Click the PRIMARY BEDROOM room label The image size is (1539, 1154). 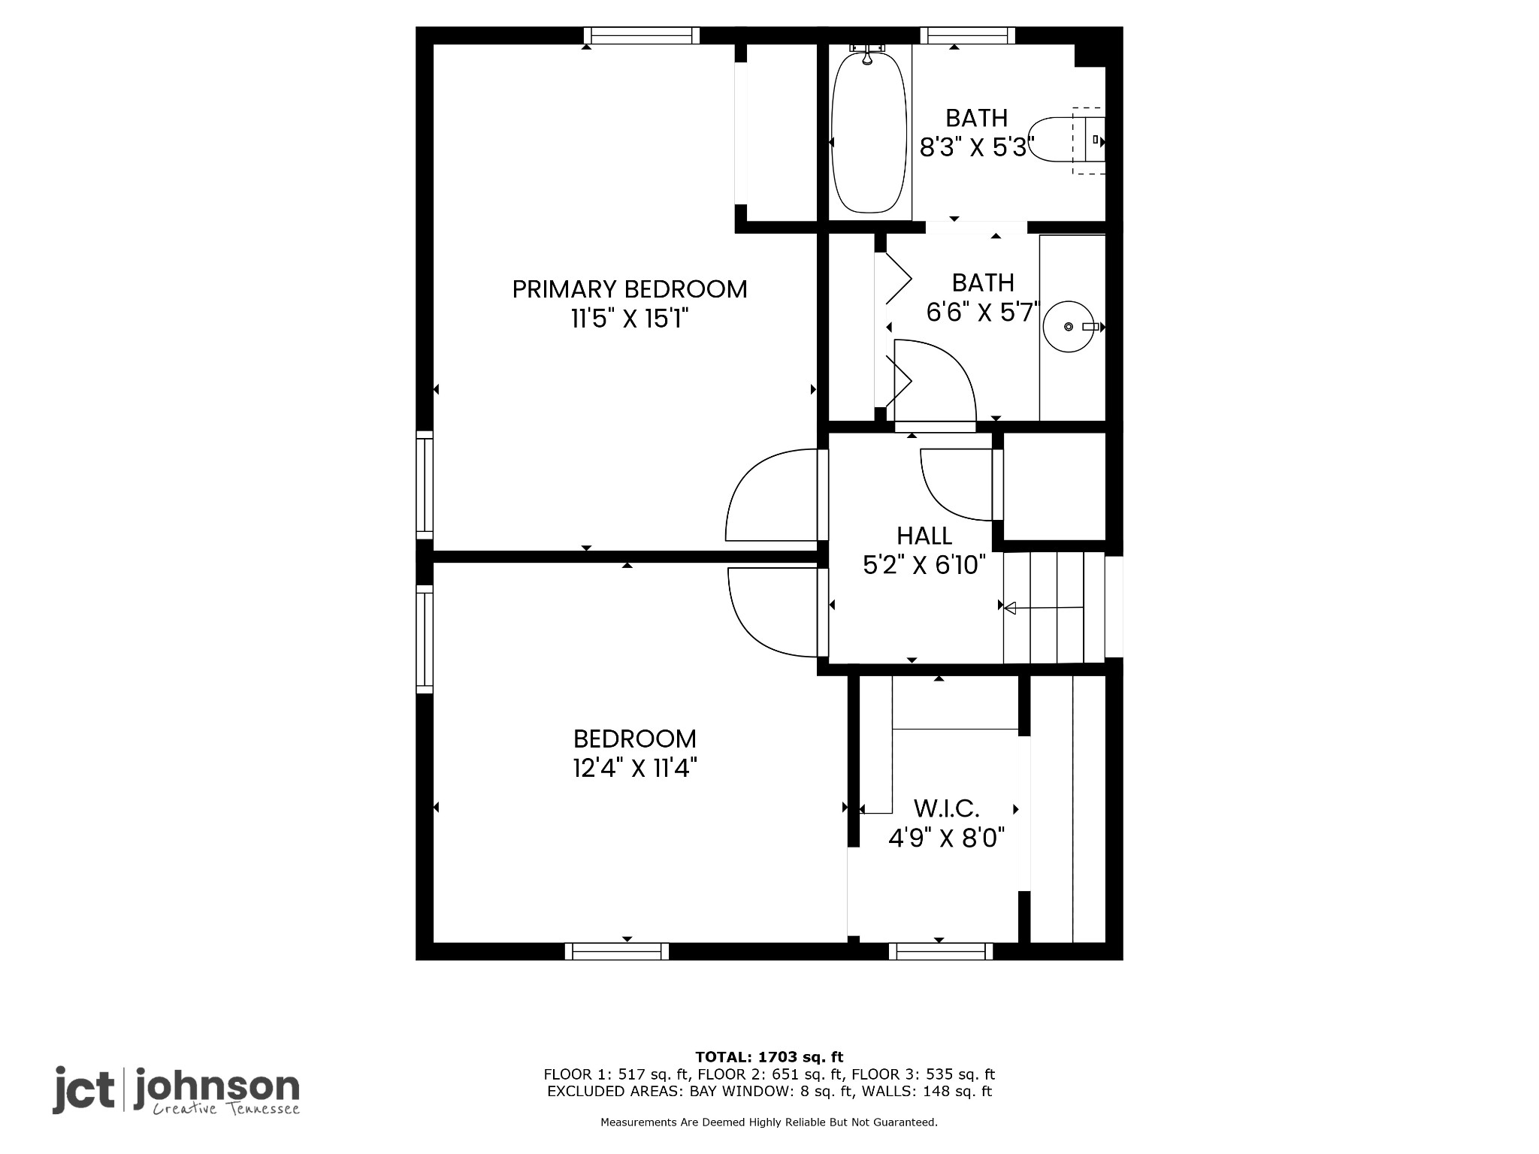(630, 289)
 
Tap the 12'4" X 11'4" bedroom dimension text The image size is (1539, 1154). (634, 769)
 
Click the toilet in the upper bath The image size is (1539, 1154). (1066, 140)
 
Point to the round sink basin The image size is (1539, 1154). (1069, 327)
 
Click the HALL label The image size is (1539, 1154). (924, 536)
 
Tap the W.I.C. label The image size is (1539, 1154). (946, 809)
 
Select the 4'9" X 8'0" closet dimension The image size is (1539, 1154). (946, 838)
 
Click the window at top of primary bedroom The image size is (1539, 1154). (642, 35)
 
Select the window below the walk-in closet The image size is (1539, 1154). (941, 951)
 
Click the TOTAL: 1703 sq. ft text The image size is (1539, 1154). (769, 1057)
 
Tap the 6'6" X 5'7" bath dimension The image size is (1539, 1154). (982, 312)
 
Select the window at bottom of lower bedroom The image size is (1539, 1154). (617, 951)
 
